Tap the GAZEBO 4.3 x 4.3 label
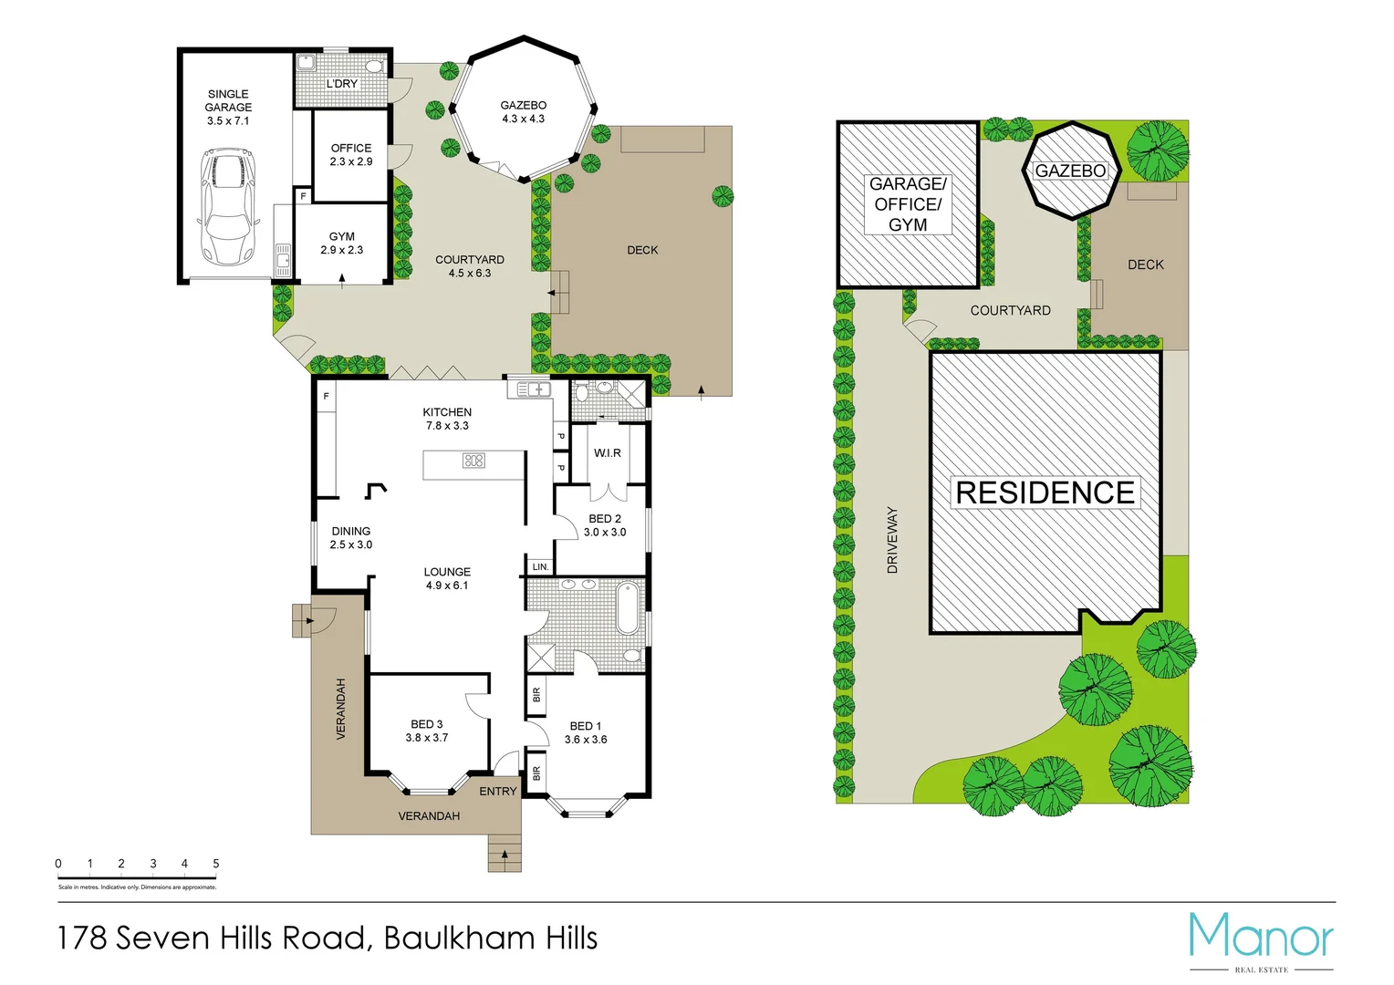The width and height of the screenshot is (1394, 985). click(523, 112)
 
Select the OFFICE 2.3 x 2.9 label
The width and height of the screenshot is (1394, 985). click(351, 154)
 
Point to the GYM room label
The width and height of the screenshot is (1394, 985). click(342, 243)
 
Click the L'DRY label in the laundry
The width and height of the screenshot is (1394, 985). click(342, 84)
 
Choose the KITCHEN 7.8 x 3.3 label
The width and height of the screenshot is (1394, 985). click(447, 419)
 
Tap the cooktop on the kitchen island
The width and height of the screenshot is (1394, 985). click(473, 461)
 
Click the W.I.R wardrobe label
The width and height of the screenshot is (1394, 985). click(608, 453)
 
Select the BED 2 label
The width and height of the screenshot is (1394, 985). click(605, 525)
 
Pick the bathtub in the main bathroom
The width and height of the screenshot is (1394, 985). click(629, 608)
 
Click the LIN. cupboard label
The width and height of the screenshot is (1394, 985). click(540, 567)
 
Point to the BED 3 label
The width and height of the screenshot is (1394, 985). click(427, 731)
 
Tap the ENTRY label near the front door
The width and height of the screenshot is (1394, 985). click(498, 792)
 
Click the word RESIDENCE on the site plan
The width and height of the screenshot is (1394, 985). click(1045, 493)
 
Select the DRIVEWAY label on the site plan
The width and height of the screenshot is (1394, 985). click(892, 540)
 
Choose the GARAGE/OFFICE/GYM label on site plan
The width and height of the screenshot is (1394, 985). click(908, 204)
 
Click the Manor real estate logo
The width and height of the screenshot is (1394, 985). click(1261, 939)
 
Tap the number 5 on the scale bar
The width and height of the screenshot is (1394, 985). click(216, 864)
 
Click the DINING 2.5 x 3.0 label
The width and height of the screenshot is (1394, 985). click(351, 537)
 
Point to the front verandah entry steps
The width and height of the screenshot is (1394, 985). click(505, 855)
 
